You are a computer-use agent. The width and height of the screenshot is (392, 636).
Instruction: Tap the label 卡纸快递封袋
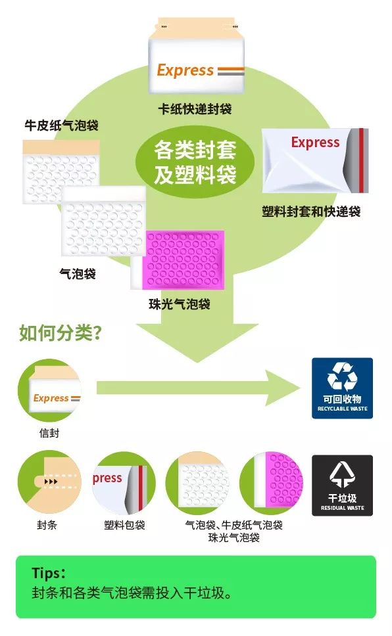[x=195, y=108]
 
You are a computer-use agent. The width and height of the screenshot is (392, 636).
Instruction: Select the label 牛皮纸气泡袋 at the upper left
[x=61, y=125]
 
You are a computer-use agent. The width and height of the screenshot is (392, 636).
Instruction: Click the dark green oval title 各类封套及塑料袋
[x=195, y=162]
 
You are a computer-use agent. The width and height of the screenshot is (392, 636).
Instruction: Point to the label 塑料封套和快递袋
[x=311, y=212]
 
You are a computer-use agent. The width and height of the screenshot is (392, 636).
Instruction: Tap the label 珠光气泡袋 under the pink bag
[x=180, y=304]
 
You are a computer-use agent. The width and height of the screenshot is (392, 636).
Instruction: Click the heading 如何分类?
[x=60, y=333]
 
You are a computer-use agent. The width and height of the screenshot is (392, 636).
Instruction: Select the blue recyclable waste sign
[x=342, y=388]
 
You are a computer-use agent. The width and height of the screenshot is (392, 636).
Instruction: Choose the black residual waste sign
[x=342, y=486]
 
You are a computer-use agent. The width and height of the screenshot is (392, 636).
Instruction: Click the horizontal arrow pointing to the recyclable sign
[x=198, y=388]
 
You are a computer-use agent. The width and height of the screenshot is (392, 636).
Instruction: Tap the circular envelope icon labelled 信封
[x=49, y=390]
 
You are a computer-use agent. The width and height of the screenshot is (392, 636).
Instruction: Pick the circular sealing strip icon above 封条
[x=49, y=483]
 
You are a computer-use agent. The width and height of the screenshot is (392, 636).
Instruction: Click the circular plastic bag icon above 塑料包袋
[x=124, y=484]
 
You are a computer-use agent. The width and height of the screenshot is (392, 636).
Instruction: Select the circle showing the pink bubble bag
[x=271, y=484]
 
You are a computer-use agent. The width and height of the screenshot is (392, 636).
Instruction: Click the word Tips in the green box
[x=46, y=573]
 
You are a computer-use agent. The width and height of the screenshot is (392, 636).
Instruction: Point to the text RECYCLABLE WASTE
[x=343, y=409]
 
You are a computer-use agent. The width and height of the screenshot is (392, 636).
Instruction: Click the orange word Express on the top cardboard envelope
[x=185, y=70]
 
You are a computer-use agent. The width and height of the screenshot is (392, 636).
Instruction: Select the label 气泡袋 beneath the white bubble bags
[x=78, y=274]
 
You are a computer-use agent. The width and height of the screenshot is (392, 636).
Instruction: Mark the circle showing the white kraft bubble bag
[x=198, y=484]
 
